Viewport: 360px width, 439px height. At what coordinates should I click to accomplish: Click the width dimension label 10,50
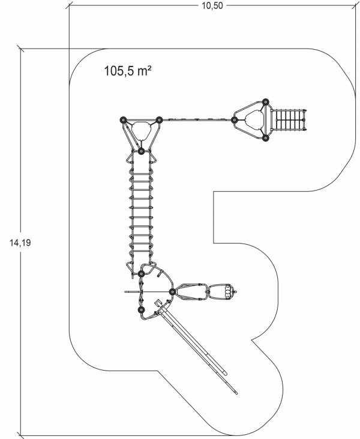[212, 5]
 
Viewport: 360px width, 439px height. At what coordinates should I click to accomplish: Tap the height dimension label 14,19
[20, 243]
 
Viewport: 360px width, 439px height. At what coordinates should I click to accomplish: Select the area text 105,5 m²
[128, 71]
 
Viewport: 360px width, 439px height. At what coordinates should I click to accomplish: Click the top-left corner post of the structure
[123, 120]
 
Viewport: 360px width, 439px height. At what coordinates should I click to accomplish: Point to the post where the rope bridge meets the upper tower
[141, 151]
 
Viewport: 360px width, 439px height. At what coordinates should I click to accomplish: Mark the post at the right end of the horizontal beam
[234, 121]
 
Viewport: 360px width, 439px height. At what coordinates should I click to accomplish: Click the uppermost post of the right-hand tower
[265, 102]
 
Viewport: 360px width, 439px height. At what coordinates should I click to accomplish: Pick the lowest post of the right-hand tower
[265, 138]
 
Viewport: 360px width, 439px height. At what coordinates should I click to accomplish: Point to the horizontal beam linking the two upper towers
[196, 119]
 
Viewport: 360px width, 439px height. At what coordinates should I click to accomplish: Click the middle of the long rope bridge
[141, 212]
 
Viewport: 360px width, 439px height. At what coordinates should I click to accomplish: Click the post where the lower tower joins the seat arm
[173, 292]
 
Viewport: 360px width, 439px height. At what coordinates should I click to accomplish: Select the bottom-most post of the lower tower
[141, 310]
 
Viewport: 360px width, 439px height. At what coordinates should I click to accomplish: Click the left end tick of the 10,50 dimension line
[69, 5]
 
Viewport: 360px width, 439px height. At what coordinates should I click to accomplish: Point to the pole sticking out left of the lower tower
[131, 292]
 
